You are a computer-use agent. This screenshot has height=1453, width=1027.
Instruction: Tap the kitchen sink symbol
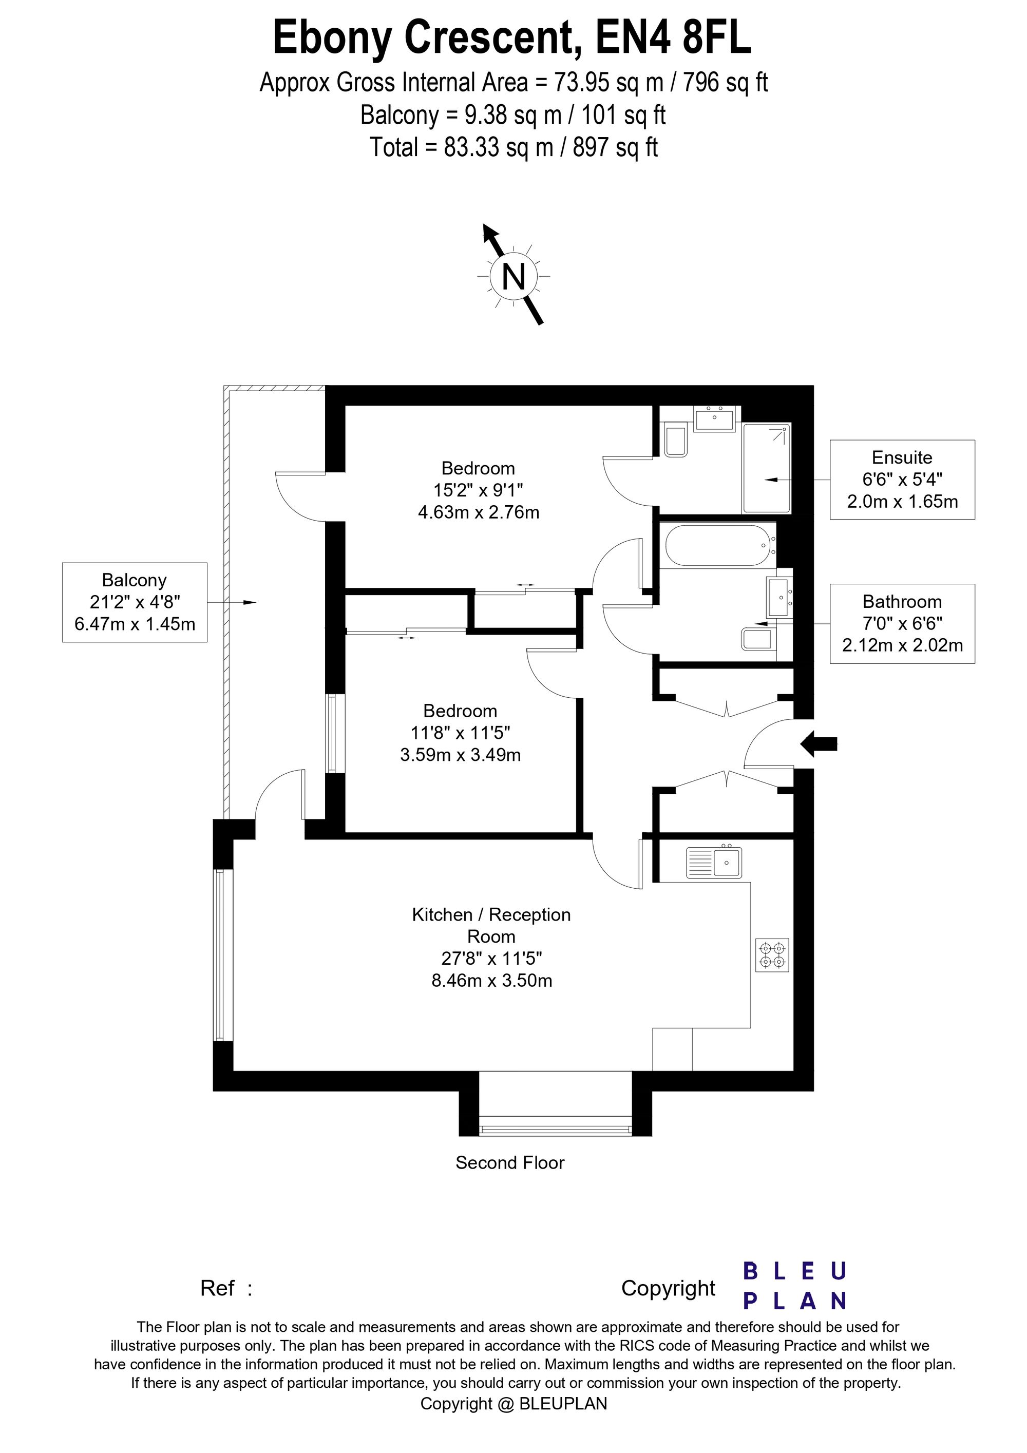point(714,863)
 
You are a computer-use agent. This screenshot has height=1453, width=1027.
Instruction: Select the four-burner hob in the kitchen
point(772,955)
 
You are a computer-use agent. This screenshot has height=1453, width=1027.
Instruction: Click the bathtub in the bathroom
point(717,545)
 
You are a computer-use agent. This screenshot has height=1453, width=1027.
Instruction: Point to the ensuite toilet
point(676,441)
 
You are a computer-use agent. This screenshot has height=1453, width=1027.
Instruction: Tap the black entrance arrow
point(820,743)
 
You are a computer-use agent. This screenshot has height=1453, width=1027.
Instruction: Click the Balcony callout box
point(135,602)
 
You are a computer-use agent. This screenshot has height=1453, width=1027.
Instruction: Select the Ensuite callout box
point(902,480)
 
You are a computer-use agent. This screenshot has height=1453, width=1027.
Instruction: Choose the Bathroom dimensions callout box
point(902,623)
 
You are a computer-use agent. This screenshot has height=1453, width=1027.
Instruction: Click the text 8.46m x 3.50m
point(491,981)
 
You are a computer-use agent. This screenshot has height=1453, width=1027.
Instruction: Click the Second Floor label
point(509,1162)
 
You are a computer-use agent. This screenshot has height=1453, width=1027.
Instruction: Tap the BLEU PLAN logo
point(794,1286)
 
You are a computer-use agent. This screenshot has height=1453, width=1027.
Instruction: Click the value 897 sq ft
point(615,147)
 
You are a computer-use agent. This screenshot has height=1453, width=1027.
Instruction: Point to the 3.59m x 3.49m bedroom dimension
point(460,754)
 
